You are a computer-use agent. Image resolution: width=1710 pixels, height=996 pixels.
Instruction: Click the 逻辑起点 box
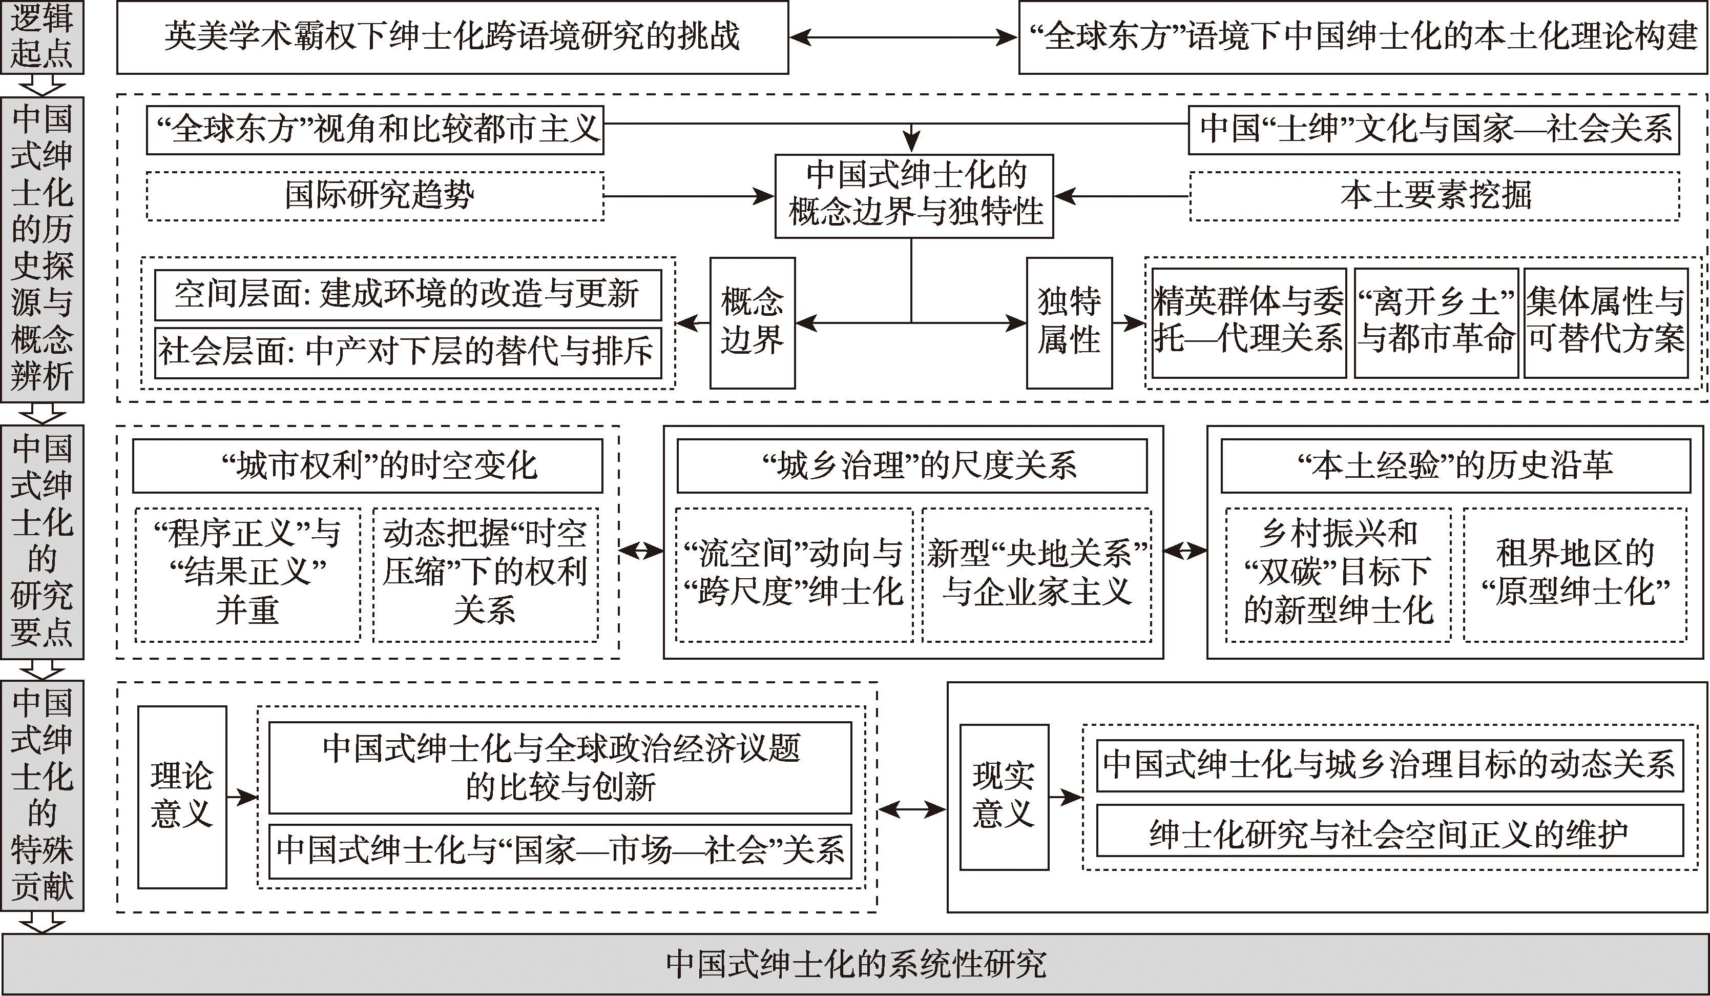[x=42, y=37]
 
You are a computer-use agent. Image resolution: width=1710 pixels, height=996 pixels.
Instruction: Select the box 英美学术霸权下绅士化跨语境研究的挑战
[x=452, y=37]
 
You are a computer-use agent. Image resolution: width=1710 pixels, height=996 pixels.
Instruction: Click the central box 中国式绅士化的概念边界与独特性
[x=914, y=195]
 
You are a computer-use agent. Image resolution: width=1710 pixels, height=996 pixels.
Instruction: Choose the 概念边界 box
[x=752, y=322]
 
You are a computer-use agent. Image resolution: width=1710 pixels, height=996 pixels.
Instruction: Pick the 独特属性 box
[x=1069, y=322]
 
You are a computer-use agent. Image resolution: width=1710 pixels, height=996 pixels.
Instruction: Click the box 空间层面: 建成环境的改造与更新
[x=408, y=295]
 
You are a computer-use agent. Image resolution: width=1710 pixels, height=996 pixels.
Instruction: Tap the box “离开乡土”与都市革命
[x=1436, y=322]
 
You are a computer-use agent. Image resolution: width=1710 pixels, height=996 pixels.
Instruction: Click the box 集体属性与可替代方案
[x=1605, y=322]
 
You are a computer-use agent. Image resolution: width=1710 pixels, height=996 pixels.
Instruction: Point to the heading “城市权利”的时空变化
[x=367, y=466]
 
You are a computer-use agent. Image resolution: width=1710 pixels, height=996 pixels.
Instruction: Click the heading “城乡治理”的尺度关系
[x=912, y=466]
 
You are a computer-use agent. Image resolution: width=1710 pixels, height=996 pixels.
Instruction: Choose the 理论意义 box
[x=182, y=797]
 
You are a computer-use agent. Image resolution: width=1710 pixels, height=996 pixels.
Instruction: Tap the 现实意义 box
[x=1004, y=797]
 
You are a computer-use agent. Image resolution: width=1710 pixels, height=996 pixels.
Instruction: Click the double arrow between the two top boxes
[x=903, y=37]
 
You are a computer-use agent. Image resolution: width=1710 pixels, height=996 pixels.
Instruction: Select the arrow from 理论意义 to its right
[x=242, y=797]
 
